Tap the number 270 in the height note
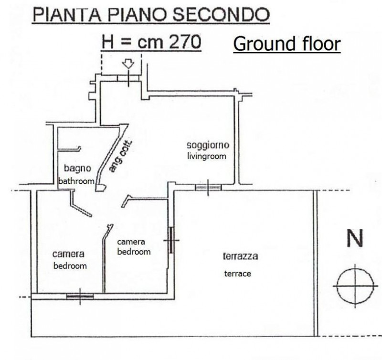tap(185, 42)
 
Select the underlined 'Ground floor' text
tap(287, 44)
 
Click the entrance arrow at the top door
tap(128, 64)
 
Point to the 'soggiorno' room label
tap(208, 145)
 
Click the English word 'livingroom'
tap(207, 156)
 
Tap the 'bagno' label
tap(77, 169)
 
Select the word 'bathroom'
tap(76, 181)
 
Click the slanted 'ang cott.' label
tap(120, 157)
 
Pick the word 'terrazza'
tap(241, 256)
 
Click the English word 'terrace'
tap(237, 274)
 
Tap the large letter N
tap(355, 238)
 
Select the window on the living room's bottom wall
tap(208, 188)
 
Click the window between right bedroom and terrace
tap(171, 240)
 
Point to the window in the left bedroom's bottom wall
tap(80, 296)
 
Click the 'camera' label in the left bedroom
tap(68, 254)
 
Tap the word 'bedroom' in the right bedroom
tap(134, 252)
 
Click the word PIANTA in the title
tap(67, 15)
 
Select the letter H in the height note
tap(108, 42)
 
